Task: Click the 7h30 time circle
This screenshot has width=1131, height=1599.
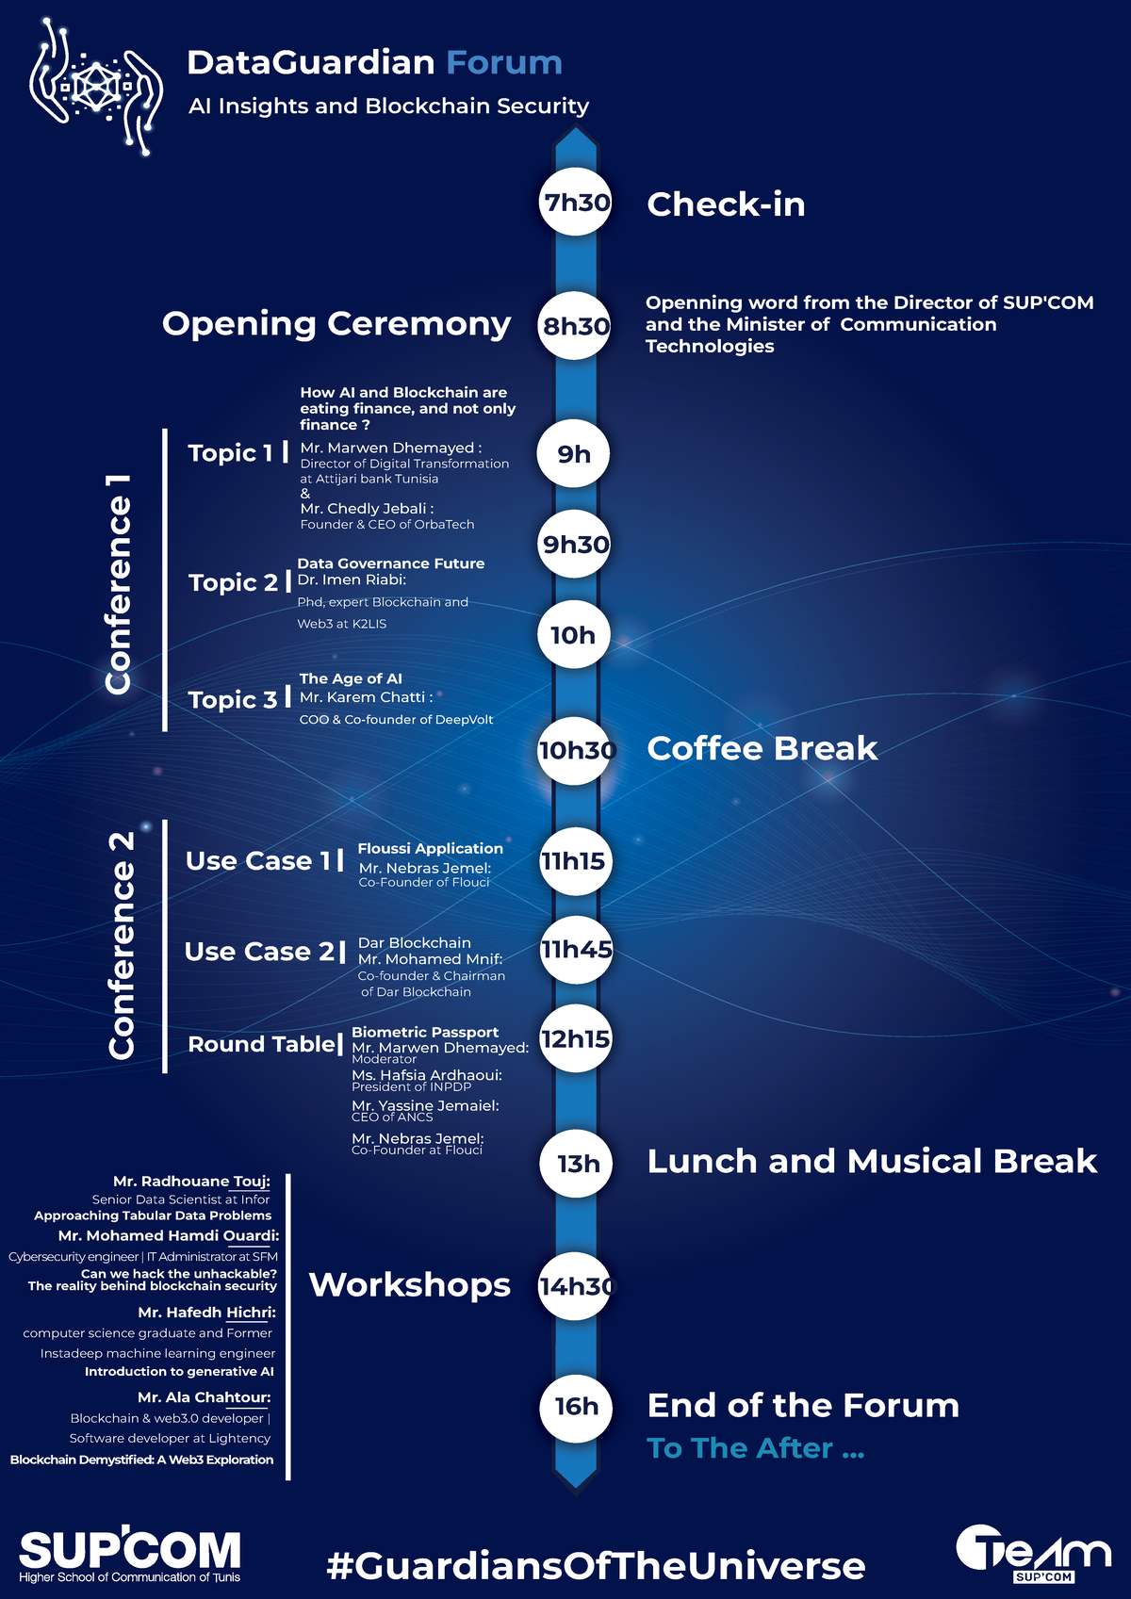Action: click(576, 202)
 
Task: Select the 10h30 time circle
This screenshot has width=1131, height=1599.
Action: click(574, 751)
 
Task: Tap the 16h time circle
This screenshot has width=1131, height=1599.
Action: click(576, 1406)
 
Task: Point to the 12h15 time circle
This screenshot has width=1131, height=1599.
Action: click(576, 1038)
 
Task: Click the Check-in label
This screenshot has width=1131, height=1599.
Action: click(726, 204)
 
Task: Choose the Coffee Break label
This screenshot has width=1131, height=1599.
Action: click(762, 749)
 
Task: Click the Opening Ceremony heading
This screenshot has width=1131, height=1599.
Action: click(336, 325)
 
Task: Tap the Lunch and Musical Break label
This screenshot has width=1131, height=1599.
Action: click(872, 1162)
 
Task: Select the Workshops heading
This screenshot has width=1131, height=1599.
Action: click(409, 1285)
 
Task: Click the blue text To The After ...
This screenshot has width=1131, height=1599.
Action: click(756, 1448)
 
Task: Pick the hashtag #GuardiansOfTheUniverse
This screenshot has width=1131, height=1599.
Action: click(597, 1565)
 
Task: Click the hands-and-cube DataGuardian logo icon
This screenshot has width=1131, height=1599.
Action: click(96, 87)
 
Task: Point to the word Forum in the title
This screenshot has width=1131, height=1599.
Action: click(504, 63)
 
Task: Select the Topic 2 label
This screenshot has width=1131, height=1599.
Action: click(233, 582)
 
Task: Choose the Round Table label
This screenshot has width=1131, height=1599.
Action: click(261, 1044)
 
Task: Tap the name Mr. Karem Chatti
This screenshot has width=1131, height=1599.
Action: click(363, 697)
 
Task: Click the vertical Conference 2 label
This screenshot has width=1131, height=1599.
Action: click(121, 945)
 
